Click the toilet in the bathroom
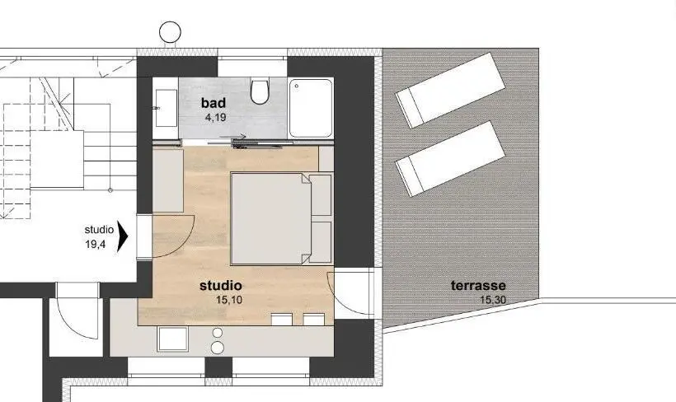point(260,91)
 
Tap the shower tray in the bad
point(311,108)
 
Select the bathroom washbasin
point(166,108)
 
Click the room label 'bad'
point(214,103)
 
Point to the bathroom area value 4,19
point(216,117)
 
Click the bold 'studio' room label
point(221,285)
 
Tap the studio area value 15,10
point(229,300)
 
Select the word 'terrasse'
point(478,285)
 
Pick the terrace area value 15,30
point(493,300)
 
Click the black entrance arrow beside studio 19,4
point(124,236)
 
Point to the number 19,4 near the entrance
point(96,245)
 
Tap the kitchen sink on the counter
point(172,339)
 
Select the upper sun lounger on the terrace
point(450,90)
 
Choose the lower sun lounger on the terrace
point(450,158)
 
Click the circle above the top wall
point(171,32)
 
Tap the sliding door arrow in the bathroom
point(232,137)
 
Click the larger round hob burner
point(218,348)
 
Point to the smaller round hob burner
point(218,333)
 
